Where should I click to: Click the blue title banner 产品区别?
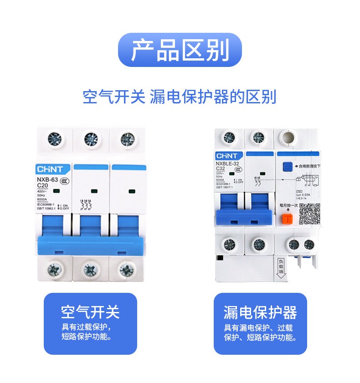point(180,50)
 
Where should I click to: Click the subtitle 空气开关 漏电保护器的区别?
point(180,97)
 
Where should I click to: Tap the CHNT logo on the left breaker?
point(53,169)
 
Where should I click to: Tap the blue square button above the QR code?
point(288,166)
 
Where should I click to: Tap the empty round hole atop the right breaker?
point(288,137)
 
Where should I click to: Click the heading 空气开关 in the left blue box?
point(90,312)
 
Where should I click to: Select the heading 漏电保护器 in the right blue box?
point(260,312)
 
